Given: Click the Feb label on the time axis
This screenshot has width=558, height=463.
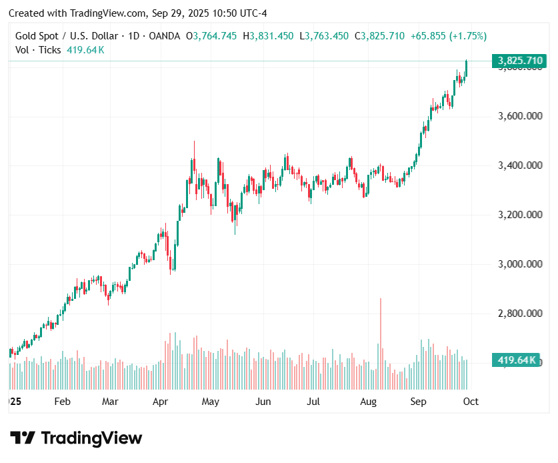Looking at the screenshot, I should (x=62, y=402).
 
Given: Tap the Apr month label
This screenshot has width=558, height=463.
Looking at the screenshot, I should (x=160, y=402).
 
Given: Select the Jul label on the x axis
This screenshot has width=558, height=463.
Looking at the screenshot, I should (x=313, y=402).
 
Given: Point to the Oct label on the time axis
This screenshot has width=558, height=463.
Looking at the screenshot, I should (x=471, y=402).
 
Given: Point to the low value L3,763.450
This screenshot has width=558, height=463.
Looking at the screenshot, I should (x=323, y=36).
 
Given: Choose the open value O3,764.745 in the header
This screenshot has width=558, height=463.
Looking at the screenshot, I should (x=211, y=36).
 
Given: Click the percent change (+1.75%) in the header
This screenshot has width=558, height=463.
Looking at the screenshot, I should (x=467, y=36).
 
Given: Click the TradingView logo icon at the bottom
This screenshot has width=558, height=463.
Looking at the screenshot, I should (x=23, y=438).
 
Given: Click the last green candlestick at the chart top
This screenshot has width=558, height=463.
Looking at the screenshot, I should (x=466, y=68).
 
